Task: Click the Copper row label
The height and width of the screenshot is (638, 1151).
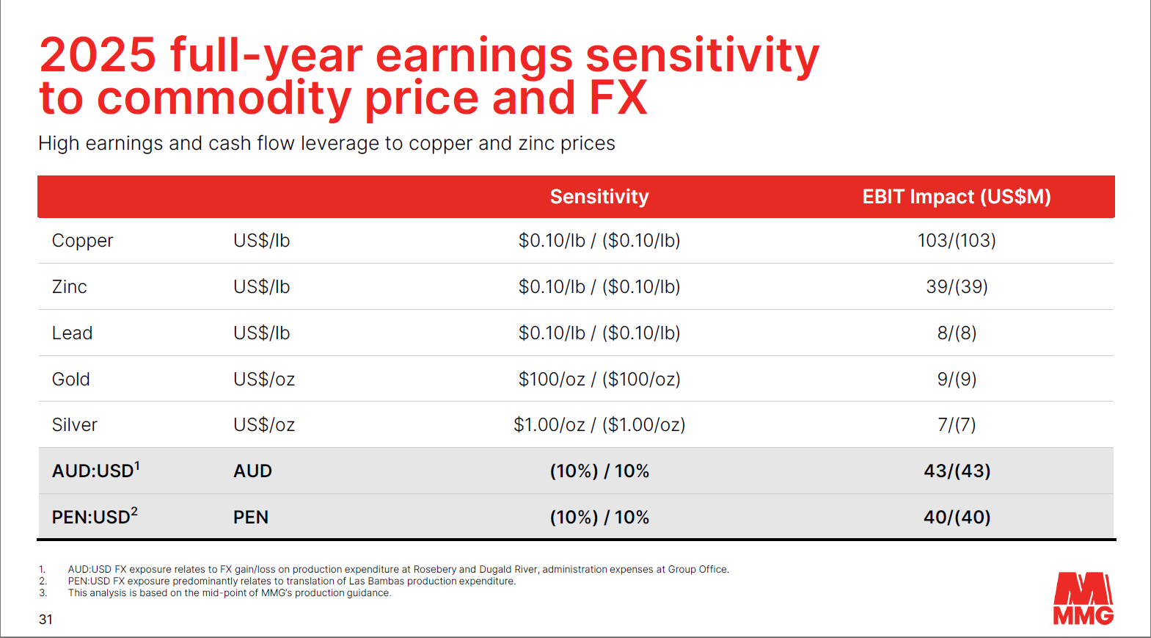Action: click(82, 241)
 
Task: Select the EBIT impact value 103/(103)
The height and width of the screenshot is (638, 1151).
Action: click(957, 241)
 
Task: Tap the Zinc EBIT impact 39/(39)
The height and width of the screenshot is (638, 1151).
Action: click(957, 287)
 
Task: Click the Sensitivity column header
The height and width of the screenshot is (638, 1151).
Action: click(599, 196)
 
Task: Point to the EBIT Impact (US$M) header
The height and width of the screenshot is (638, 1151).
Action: click(957, 196)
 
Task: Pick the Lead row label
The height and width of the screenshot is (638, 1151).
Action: click(72, 333)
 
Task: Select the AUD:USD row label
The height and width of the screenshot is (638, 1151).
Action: click(95, 470)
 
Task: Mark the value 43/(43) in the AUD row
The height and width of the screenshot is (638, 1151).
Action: click(957, 471)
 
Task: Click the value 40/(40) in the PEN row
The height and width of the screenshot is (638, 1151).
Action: click(957, 517)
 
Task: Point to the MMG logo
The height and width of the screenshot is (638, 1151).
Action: click(1084, 598)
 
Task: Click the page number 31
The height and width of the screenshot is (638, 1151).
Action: click(45, 620)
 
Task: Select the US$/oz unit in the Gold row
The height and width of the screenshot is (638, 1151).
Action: click(264, 380)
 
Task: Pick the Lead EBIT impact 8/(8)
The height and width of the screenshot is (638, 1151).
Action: click(957, 333)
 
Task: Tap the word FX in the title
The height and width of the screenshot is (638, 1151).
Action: click(618, 98)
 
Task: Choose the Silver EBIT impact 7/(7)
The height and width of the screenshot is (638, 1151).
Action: click(957, 425)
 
